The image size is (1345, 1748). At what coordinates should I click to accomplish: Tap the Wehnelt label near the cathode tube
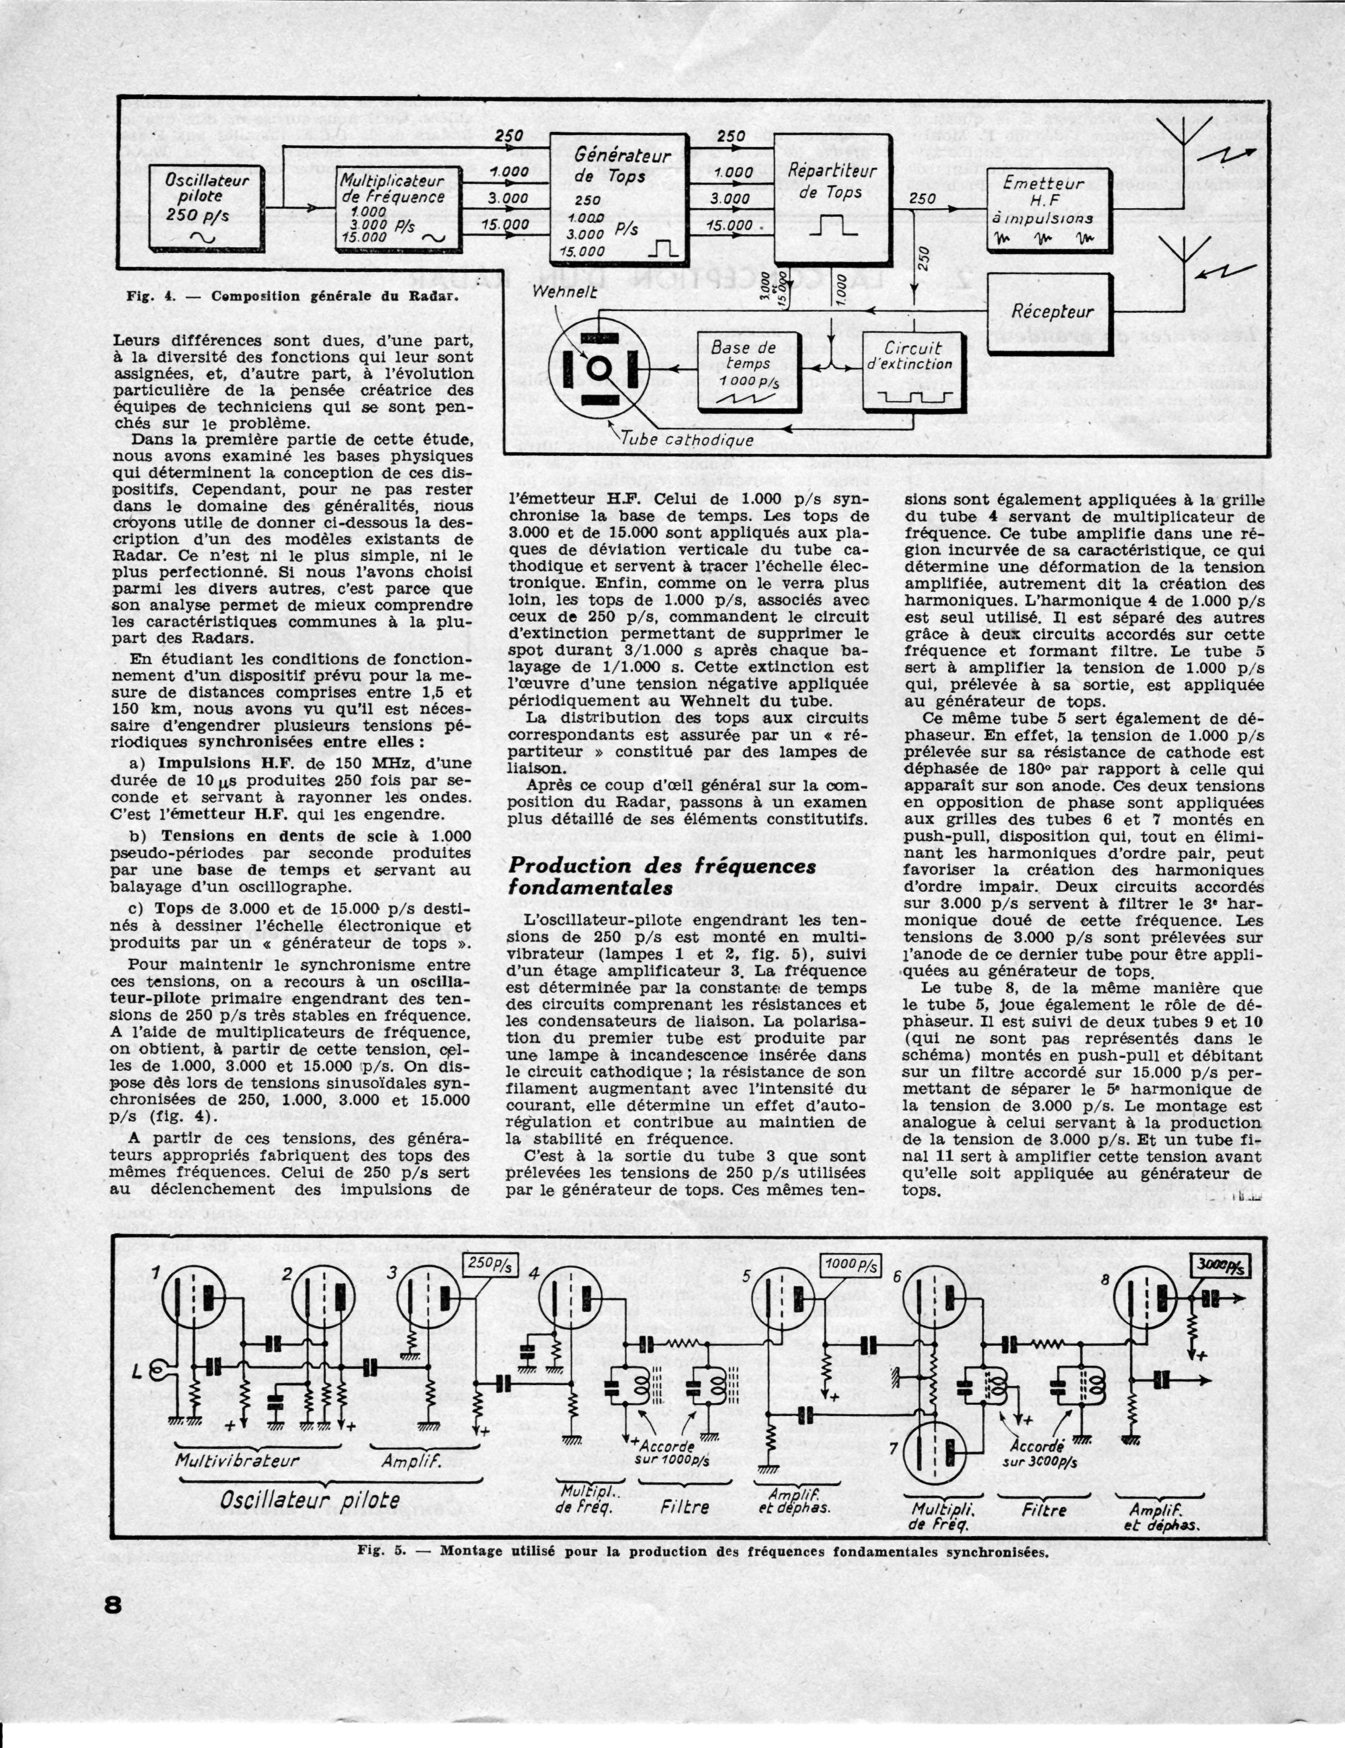click(564, 293)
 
